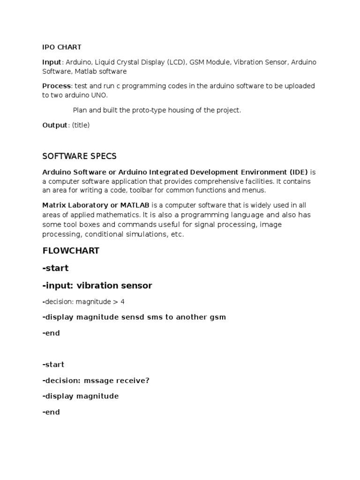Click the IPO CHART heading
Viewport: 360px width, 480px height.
click(x=62, y=47)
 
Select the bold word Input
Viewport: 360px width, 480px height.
click(x=52, y=62)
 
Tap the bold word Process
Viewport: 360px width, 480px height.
click(x=56, y=86)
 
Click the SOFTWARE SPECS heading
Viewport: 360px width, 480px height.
click(x=79, y=156)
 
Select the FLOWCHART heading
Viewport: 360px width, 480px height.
click(x=71, y=251)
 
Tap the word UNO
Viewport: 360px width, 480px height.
click(x=98, y=95)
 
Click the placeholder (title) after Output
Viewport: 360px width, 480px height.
click(x=81, y=125)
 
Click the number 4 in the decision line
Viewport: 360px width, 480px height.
click(x=122, y=301)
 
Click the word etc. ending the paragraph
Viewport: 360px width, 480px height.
click(x=177, y=234)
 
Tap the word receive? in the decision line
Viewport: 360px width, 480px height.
click(x=134, y=380)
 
